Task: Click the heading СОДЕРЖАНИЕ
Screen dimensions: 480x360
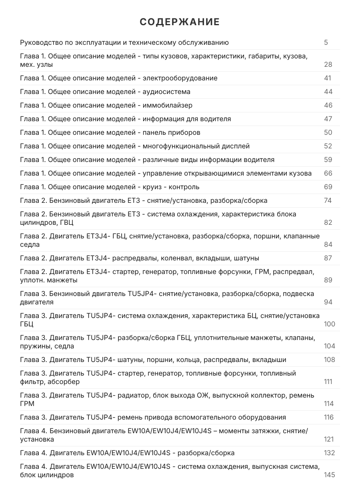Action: (x=180, y=22)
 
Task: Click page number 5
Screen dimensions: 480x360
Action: (x=326, y=42)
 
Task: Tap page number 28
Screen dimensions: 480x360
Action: (x=328, y=64)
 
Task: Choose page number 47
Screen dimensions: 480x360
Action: (x=328, y=119)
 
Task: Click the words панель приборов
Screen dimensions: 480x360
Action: (x=171, y=132)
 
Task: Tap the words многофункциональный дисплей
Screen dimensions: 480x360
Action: (x=196, y=146)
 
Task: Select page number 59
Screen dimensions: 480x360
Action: (x=328, y=160)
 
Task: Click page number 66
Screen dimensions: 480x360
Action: (x=328, y=173)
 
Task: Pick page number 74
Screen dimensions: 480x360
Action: (x=328, y=200)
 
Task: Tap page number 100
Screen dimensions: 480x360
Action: (x=330, y=324)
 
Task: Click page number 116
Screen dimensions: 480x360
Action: (x=329, y=417)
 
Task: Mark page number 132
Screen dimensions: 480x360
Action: (x=330, y=453)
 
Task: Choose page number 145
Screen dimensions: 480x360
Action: (x=330, y=475)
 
